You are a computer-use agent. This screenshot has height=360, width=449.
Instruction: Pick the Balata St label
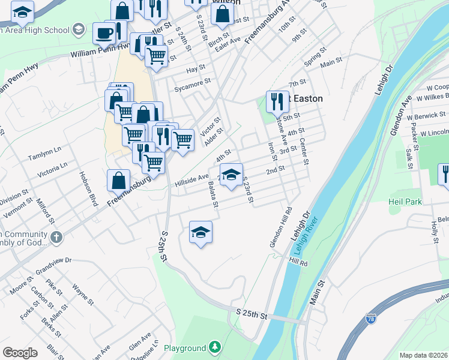point(212,196)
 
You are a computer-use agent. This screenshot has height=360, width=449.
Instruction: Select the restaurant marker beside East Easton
point(277,101)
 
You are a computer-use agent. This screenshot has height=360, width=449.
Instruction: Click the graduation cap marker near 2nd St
point(231,175)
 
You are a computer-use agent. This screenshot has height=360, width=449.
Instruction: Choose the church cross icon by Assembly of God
point(56,237)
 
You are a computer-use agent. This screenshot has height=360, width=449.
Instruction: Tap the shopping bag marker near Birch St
point(222,13)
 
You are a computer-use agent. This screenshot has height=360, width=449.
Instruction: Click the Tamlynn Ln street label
point(45,153)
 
